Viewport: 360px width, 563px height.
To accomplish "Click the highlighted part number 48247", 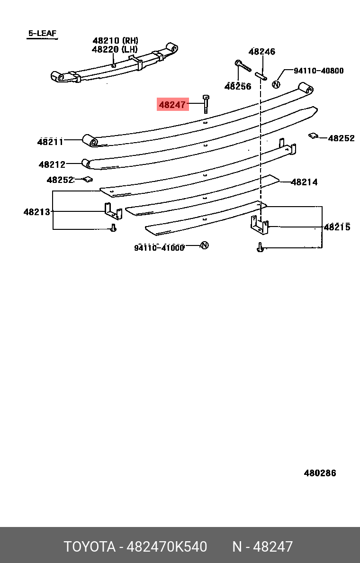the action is coord(172,104).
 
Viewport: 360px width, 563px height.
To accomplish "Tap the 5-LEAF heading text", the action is coord(42,33).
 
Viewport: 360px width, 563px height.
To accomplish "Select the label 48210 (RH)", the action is coord(115,41).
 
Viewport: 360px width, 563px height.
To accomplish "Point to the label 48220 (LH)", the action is coord(115,49).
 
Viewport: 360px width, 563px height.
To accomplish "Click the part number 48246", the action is coord(262,51).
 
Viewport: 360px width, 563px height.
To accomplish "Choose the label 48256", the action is coord(238,86).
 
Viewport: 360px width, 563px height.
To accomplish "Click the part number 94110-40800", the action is coord(319,70).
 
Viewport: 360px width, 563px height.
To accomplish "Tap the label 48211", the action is coord(50,142).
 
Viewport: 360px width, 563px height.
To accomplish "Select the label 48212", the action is coord(52,164).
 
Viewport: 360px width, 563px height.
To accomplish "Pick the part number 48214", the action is coord(305,182).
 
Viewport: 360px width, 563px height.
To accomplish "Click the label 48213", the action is coord(37,212).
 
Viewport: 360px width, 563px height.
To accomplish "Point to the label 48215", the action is coord(337,227).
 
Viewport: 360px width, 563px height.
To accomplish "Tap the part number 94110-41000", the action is coord(159,247).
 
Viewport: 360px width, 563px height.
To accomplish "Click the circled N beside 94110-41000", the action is coord(205,245).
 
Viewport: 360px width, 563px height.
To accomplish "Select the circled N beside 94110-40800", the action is coord(276,85).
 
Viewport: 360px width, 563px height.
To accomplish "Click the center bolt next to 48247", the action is coord(206,104).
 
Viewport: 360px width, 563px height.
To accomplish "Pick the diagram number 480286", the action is coord(320,473).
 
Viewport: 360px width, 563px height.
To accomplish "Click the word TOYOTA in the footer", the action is coord(90,546).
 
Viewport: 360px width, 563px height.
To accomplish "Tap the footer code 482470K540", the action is coord(167,546).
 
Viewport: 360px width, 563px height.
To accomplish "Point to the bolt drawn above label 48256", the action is coord(243,66).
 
